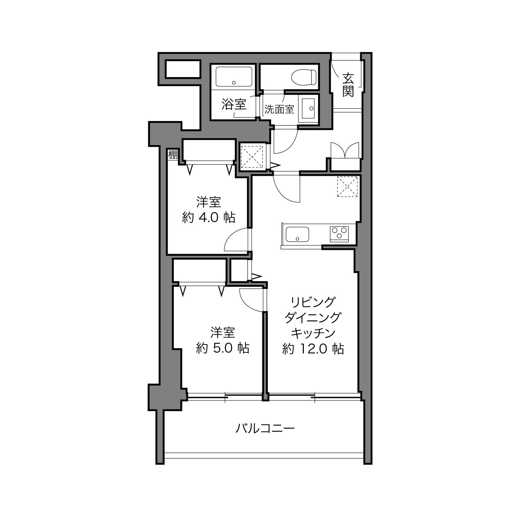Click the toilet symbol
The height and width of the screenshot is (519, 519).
coord(304,77)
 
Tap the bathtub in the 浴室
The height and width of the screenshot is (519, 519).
coord(234,77)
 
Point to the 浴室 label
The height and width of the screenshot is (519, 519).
coord(234,104)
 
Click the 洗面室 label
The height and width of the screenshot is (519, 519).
coord(279,109)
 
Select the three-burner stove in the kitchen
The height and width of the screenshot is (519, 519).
coord(339,234)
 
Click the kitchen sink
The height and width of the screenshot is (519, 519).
coord(297,234)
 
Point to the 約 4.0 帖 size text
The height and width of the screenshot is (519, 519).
coord(209,218)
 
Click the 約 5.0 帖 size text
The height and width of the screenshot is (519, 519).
coord(223,348)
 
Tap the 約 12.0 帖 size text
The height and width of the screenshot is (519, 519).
coord(313,349)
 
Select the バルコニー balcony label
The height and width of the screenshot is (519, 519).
coord(265,428)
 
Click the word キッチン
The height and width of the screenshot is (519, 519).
coord(313,333)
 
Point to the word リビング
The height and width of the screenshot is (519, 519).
coord(313,302)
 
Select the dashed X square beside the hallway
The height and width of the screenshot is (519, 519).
coord(252,157)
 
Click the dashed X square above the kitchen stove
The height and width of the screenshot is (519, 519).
coord(347,187)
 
